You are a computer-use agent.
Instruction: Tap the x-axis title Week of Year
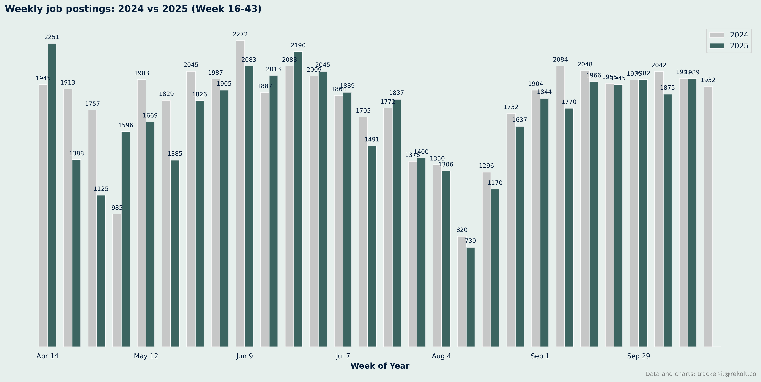pyautogui.click(x=380, y=366)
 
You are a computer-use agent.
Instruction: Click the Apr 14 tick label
pyautogui.click(x=48, y=356)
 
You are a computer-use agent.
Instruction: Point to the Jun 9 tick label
pyautogui.click(x=245, y=356)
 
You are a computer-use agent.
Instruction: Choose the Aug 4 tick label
pyautogui.click(x=441, y=356)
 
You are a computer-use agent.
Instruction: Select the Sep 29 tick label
pyautogui.click(x=638, y=356)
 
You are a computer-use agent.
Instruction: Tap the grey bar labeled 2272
pyautogui.click(x=240, y=193)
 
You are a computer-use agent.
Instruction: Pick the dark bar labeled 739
pyautogui.click(x=471, y=297)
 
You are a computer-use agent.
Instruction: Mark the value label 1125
pyautogui.click(x=101, y=189)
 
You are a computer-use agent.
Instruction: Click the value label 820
pyautogui.click(x=462, y=230)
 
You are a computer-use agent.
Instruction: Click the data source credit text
pyautogui.click(x=700, y=374)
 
